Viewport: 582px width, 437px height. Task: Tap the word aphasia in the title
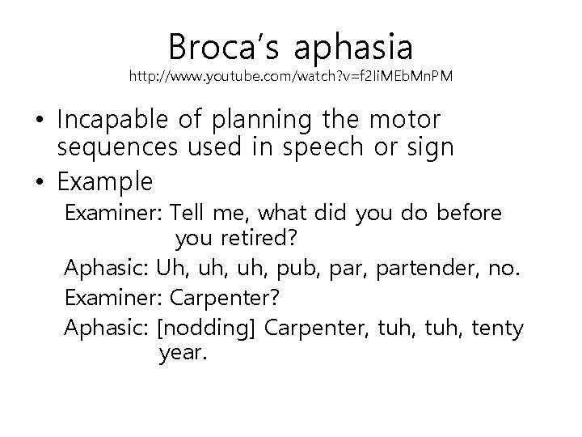[x=353, y=47]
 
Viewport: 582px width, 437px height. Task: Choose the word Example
[x=105, y=181]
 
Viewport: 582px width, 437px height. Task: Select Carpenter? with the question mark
[x=225, y=298]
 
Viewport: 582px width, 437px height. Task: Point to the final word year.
[x=184, y=354]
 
